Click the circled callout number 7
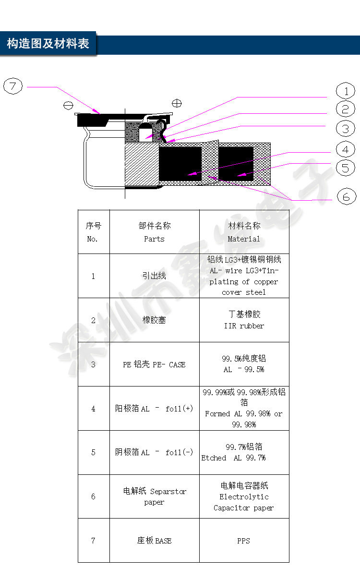(x=13, y=86)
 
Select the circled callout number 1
(x=345, y=91)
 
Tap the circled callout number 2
(x=345, y=109)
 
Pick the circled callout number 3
(x=345, y=128)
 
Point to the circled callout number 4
(x=345, y=149)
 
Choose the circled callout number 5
(x=345, y=168)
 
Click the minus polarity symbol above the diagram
(x=68, y=105)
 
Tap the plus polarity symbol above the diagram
(x=177, y=103)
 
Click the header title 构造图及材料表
(x=48, y=44)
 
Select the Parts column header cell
(x=154, y=232)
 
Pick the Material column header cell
(x=244, y=232)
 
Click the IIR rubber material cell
(x=244, y=320)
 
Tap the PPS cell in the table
(x=244, y=541)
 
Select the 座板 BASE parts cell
(x=154, y=541)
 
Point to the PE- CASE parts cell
(x=154, y=364)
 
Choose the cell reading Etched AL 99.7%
(x=244, y=452)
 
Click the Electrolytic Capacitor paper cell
(x=244, y=496)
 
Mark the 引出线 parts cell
(x=154, y=276)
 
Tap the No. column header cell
(x=93, y=232)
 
